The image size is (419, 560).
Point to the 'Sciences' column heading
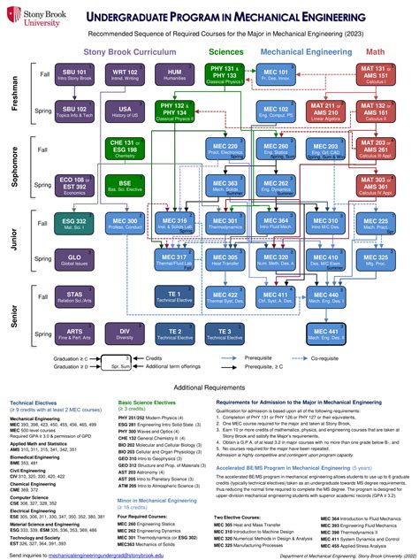click(227, 51)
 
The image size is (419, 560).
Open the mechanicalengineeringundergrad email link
click(105, 554)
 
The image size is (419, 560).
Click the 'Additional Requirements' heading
click(209, 388)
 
